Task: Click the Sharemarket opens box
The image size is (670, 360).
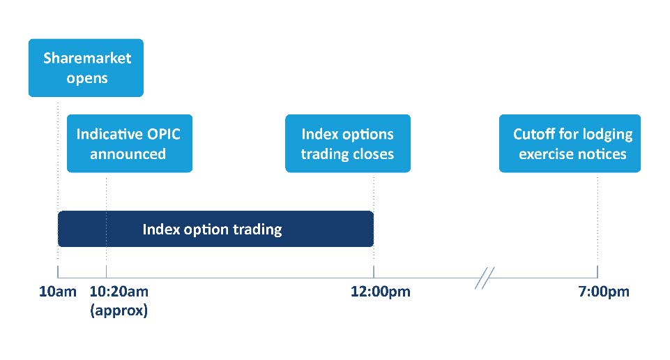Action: pos(86,68)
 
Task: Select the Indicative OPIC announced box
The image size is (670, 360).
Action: pos(130,143)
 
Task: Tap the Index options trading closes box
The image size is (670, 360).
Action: pos(348,143)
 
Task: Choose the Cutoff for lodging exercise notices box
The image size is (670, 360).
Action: pos(570,143)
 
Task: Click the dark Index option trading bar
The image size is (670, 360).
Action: pos(216,229)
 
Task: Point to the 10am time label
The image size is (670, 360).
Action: pos(58,292)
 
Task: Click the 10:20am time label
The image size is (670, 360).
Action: pos(119,292)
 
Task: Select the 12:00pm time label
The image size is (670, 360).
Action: pos(380,292)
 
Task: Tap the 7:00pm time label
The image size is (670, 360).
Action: pos(604,292)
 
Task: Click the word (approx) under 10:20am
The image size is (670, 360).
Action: pos(119,310)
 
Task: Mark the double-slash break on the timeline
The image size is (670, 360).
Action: pos(485,278)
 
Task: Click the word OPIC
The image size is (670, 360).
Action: pos(164,134)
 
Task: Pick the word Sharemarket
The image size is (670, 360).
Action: pos(87,58)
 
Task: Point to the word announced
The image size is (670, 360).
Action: pos(128,154)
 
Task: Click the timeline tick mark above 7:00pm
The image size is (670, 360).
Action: pos(597,271)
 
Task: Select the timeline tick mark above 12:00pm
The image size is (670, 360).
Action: pos(374,271)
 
